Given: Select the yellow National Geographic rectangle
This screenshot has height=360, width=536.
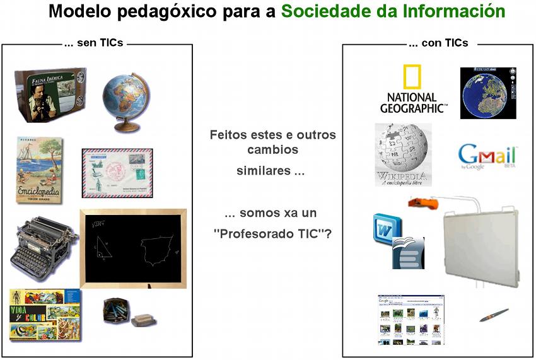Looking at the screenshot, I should (413, 78).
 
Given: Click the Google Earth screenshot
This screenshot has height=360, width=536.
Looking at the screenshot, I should (487, 93).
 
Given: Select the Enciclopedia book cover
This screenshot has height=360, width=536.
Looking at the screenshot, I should (39, 170).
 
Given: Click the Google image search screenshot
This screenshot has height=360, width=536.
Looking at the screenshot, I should (410, 319).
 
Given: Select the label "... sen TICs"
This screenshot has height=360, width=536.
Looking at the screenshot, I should (93, 43).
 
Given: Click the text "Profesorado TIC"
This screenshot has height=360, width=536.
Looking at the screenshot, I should (272, 233).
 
